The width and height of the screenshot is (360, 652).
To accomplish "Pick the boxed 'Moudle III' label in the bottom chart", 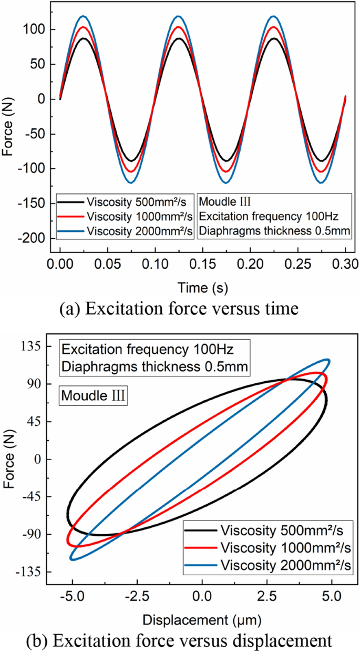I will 92,394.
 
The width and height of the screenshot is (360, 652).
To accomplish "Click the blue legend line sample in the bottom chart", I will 201,565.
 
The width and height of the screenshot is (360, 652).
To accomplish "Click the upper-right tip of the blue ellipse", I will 328,361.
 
